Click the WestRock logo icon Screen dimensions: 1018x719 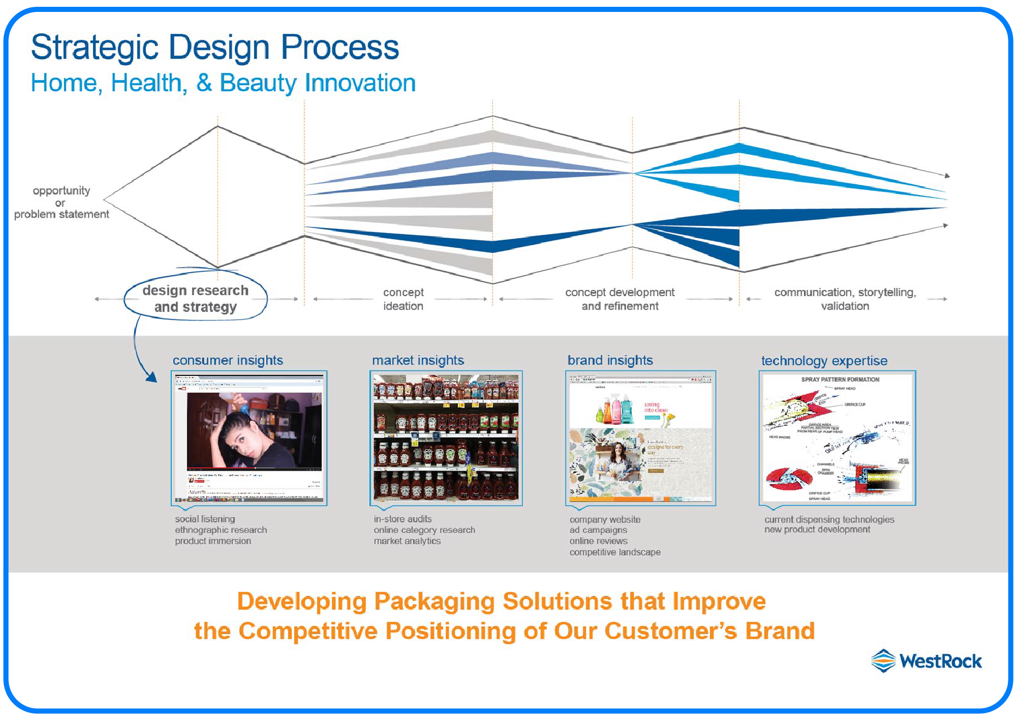tap(883, 661)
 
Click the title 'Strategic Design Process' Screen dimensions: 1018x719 tap(215, 47)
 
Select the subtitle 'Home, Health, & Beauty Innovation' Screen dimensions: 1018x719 tap(223, 83)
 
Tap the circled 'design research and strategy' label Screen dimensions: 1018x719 tap(195, 298)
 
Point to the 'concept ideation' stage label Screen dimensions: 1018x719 tap(403, 299)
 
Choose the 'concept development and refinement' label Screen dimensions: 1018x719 tap(619, 299)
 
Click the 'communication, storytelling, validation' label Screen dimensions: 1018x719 tap(844, 299)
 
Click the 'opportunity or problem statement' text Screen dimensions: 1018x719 tap(61, 202)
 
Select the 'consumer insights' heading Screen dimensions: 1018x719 tap(227, 360)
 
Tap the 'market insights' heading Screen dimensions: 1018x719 tap(418, 360)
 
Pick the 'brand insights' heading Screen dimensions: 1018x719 tap(610, 360)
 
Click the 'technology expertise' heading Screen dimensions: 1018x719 tap(823, 361)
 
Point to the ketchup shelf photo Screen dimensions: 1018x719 tap(446, 437)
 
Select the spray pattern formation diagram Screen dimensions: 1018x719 tap(837, 437)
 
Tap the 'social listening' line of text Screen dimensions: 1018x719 tap(205, 519)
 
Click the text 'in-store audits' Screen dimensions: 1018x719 tap(402, 519)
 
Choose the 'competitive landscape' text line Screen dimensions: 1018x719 tap(615, 552)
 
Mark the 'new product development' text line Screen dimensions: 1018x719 tap(817, 530)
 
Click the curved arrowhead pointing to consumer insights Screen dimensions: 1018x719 tap(151, 377)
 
